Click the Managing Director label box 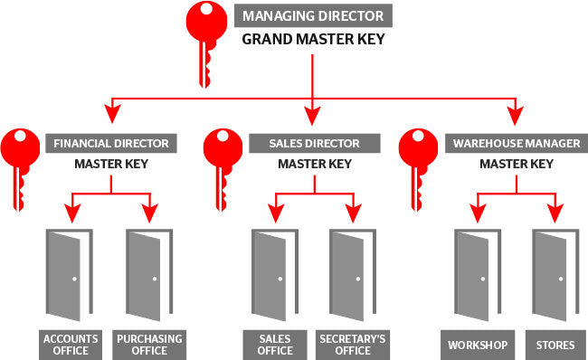click(313, 15)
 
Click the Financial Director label click(110, 143)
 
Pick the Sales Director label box click(314, 143)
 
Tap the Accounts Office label click(69, 344)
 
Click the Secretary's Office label click(352, 344)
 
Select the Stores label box click(553, 344)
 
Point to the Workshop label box click(477, 344)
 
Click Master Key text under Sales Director click(314, 164)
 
